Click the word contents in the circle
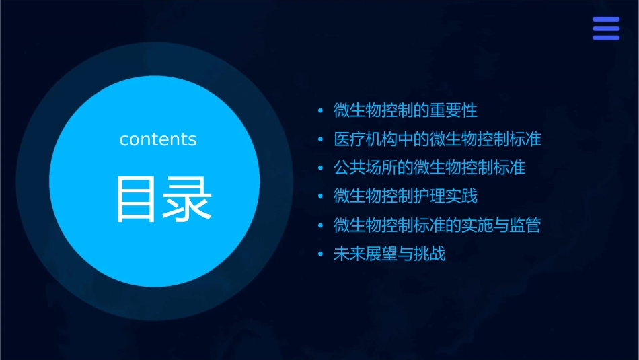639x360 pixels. coord(158,139)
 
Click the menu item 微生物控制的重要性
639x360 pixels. coord(406,110)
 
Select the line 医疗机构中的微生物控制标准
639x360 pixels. coord(437,139)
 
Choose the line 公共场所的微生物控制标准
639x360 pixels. coord(429,168)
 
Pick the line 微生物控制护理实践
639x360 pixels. coord(406,196)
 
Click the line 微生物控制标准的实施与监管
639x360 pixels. coord(437,225)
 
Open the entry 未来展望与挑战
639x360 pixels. coord(389,254)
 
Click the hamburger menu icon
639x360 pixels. coord(606,28)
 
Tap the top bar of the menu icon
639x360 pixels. coord(606,20)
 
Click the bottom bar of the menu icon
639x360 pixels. coord(606,37)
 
